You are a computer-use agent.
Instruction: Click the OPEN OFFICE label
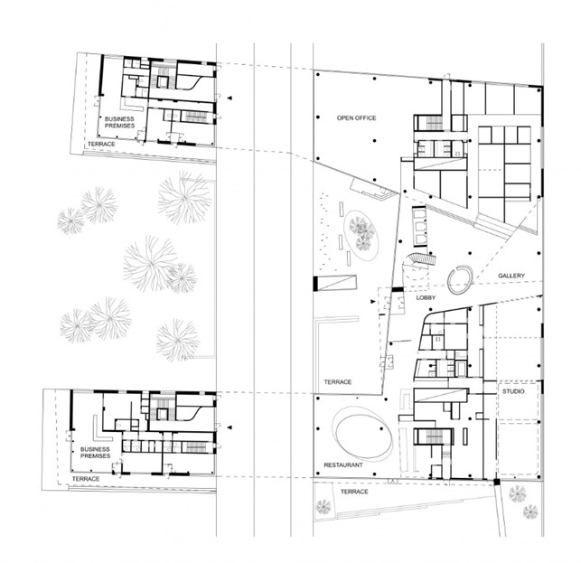(x=356, y=117)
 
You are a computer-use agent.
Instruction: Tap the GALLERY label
(x=511, y=276)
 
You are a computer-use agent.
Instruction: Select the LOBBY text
(x=426, y=297)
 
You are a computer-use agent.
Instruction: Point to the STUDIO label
(x=513, y=391)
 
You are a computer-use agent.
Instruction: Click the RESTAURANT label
(x=343, y=465)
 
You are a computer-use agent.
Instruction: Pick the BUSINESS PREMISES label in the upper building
(x=119, y=122)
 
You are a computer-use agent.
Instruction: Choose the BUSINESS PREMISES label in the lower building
(x=95, y=453)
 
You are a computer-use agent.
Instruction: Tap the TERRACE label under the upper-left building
(x=101, y=144)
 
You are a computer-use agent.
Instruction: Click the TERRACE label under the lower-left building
(x=86, y=479)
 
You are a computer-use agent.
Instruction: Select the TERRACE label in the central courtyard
(x=338, y=381)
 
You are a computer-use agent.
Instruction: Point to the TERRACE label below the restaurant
(x=354, y=492)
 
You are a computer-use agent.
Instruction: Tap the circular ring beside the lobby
(x=448, y=284)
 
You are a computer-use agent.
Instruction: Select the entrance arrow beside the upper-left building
(x=230, y=98)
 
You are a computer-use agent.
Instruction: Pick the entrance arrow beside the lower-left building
(x=230, y=427)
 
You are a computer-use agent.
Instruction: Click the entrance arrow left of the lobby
(x=372, y=302)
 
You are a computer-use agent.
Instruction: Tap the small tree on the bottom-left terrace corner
(x=323, y=507)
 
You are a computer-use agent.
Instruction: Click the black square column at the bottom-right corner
(x=497, y=483)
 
